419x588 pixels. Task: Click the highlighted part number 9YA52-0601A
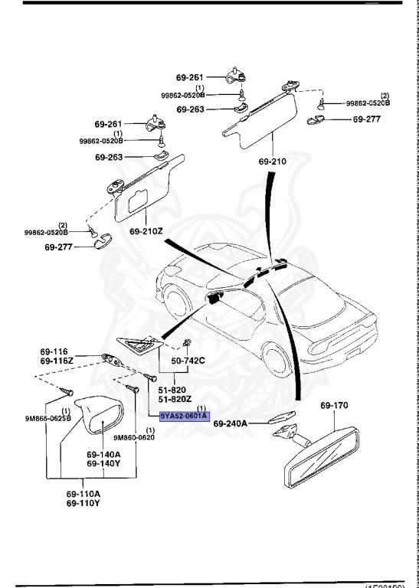185,416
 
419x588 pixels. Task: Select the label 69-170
334,405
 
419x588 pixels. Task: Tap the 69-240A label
230,423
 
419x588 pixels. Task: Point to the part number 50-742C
188,361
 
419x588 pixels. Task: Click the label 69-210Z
146,231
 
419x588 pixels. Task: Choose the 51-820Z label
175,398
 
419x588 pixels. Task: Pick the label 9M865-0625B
48,419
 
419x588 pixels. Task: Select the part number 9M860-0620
134,437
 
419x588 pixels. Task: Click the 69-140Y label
103,463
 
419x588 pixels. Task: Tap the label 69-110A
83,494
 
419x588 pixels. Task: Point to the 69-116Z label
54,361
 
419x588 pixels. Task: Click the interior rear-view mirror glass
322,458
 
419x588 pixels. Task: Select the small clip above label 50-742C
185,343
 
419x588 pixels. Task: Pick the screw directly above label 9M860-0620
133,388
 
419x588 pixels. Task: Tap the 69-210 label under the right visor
273,162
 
